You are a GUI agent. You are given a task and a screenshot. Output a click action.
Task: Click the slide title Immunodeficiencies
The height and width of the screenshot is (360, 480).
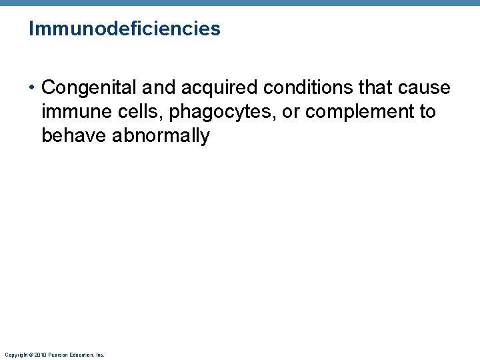(x=125, y=29)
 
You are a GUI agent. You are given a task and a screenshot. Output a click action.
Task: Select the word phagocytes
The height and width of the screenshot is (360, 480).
(x=223, y=113)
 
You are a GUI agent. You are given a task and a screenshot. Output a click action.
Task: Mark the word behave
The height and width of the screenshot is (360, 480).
(x=74, y=136)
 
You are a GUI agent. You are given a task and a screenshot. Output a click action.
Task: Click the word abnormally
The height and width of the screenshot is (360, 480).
(x=161, y=137)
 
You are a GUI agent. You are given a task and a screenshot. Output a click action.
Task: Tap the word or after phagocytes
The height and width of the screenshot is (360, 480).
(x=291, y=112)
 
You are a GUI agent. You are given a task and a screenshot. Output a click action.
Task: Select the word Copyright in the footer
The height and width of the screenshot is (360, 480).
(x=15, y=355)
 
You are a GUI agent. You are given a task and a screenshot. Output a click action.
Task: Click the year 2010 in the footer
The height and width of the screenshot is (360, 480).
(x=40, y=355)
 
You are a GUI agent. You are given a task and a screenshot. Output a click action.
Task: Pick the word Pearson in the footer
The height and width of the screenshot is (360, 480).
(x=58, y=355)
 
